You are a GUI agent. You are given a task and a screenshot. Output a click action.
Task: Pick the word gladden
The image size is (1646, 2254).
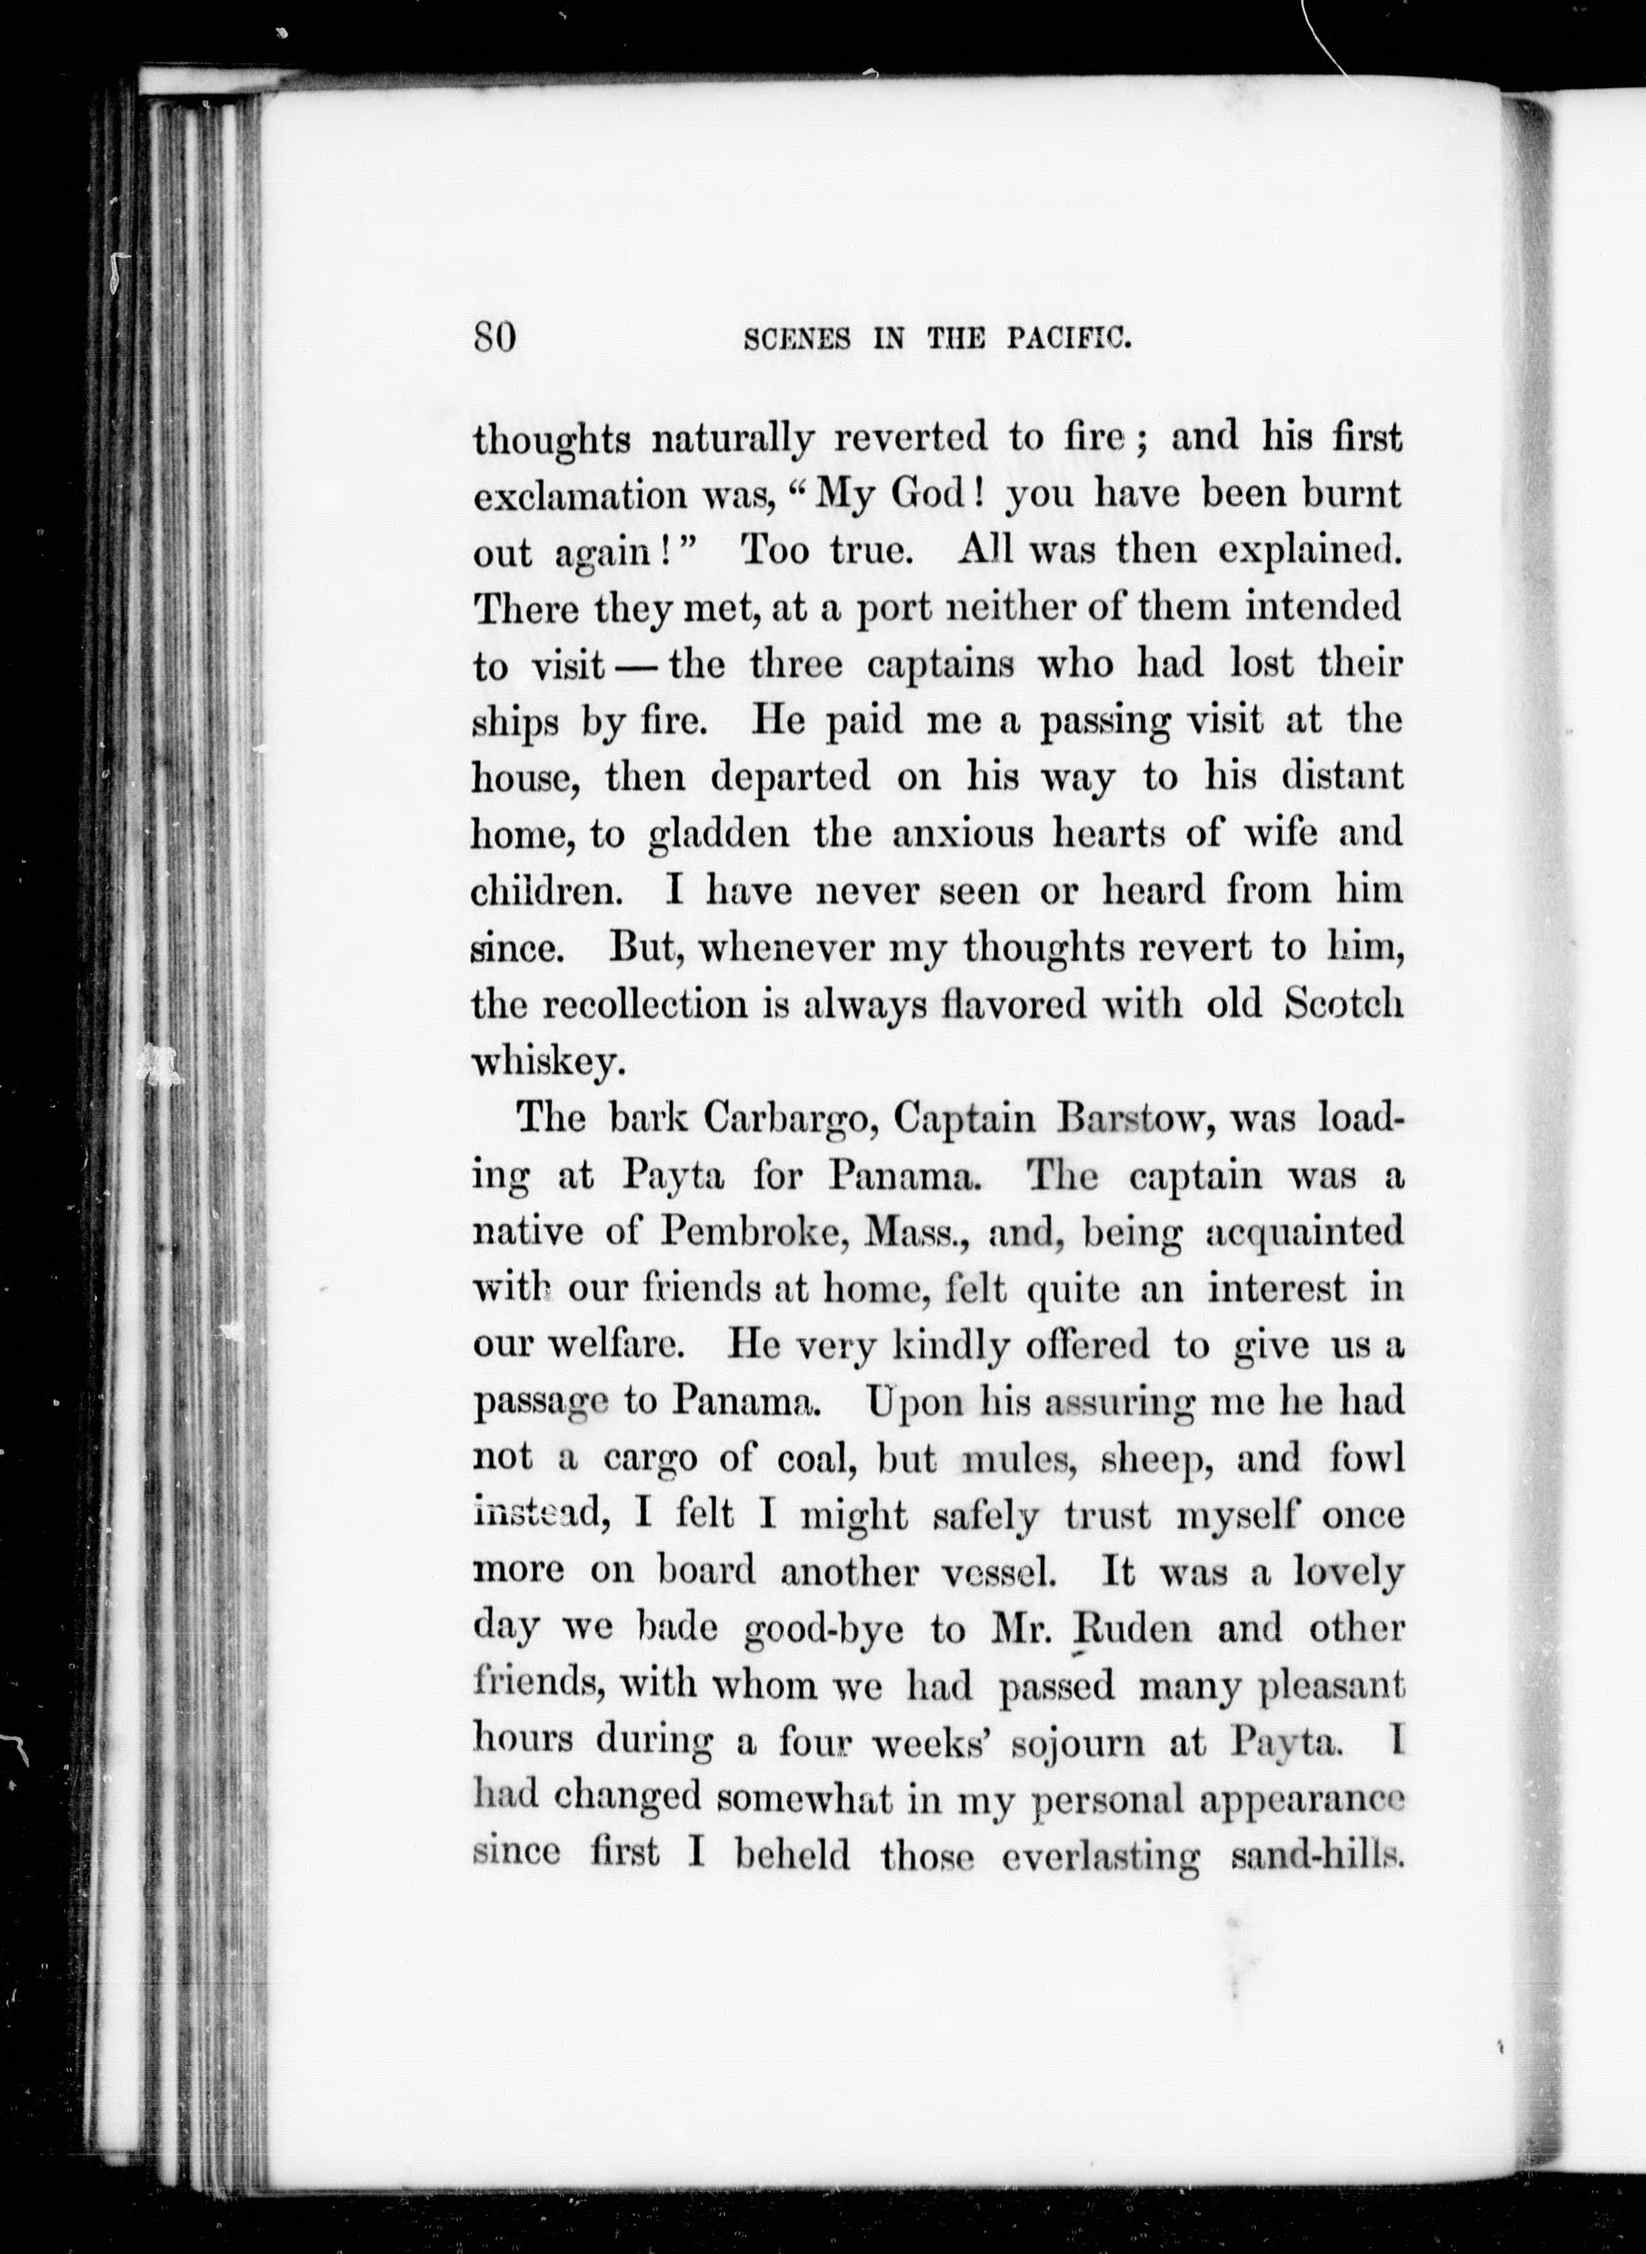click(718, 834)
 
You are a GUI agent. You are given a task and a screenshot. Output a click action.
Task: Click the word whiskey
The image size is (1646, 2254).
click(548, 1062)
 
